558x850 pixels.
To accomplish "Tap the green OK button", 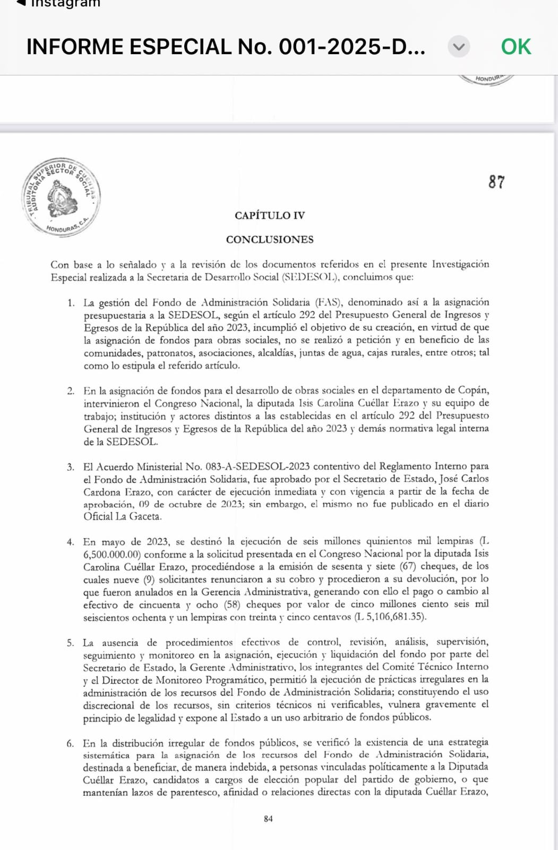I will (x=516, y=47).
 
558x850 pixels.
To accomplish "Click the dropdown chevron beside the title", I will (x=459, y=47).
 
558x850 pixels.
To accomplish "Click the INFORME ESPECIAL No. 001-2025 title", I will (x=226, y=47).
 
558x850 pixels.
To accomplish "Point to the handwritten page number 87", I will (x=496, y=182).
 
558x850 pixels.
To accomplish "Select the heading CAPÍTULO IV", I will (x=270, y=215).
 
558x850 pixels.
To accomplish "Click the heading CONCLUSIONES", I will (x=270, y=239).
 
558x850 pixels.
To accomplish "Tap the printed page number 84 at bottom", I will (x=268, y=819).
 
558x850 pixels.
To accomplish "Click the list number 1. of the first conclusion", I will (x=71, y=303).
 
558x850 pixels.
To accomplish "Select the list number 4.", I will (x=71, y=542).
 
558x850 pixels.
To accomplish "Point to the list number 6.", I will (x=70, y=743).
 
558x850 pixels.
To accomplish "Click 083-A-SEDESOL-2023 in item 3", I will (x=257, y=466).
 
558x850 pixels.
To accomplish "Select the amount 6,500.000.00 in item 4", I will (x=111, y=554).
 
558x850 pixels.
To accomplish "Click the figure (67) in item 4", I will (x=408, y=566).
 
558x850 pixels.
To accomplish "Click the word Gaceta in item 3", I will (x=144, y=516).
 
